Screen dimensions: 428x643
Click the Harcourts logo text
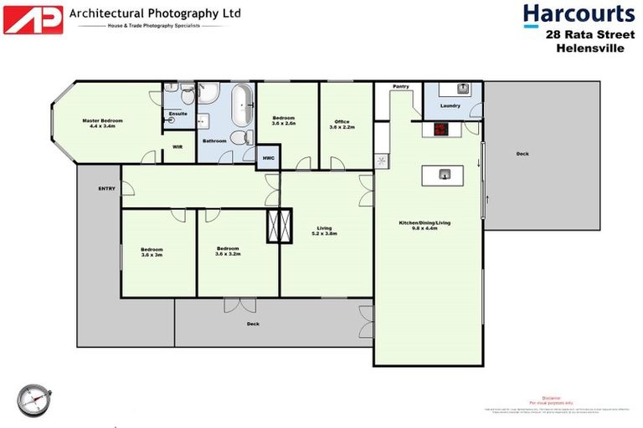579,14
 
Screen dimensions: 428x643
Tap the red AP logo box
33,19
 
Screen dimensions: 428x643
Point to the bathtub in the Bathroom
242,104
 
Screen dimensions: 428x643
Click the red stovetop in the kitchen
440,130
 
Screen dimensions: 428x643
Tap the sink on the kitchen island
445,174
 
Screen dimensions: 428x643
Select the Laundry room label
450,106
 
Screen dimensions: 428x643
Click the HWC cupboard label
268,157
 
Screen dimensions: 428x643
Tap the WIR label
177,146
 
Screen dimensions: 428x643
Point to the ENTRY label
106,188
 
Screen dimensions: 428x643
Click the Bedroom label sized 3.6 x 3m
152,249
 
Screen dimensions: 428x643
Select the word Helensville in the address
589,48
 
